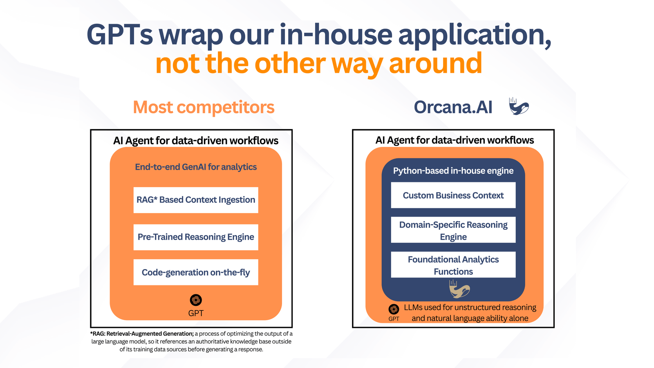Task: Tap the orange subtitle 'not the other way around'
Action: pyautogui.click(x=319, y=64)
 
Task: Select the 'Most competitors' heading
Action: pyautogui.click(x=204, y=108)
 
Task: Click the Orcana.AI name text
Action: pyautogui.click(x=453, y=107)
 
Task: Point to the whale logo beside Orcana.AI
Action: pyautogui.click(x=519, y=106)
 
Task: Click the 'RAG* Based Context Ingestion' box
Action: pyautogui.click(x=196, y=200)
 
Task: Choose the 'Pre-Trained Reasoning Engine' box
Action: pyautogui.click(x=196, y=237)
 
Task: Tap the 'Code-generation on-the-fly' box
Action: pyautogui.click(x=196, y=272)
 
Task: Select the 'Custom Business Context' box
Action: pyautogui.click(x=453, y=195)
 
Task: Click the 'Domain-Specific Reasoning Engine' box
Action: pyautogui.click(x=453, y=231)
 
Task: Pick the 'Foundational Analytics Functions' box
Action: pyautogui.click(x=453, y=265)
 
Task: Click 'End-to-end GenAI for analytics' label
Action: pyautogui.click(x=196, y=167)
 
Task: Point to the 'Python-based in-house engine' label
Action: pyautogui.click(x=453, y=171)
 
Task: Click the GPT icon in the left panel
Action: pyautogui.click(x=196, y=300)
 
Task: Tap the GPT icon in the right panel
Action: pyautogui.click(x=394, y=309)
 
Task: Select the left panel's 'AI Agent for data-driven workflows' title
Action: pyautogui.click(x=196, y=141)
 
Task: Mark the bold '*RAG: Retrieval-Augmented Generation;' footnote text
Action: pyautogui.click(x=142, y=334)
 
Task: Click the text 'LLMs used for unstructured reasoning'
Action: pyautogui.click(x=470, y=307)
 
